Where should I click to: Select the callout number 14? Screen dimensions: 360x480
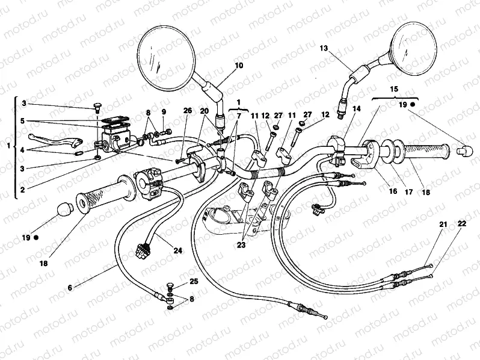357,109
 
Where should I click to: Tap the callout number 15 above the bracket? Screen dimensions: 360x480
394,88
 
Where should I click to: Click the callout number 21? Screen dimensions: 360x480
443,224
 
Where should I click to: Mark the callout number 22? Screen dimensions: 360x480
461,224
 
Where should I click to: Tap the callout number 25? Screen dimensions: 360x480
193,281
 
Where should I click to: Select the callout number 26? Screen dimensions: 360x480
187,110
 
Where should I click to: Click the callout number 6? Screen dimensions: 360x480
70,288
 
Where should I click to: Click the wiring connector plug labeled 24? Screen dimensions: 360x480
144,250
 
